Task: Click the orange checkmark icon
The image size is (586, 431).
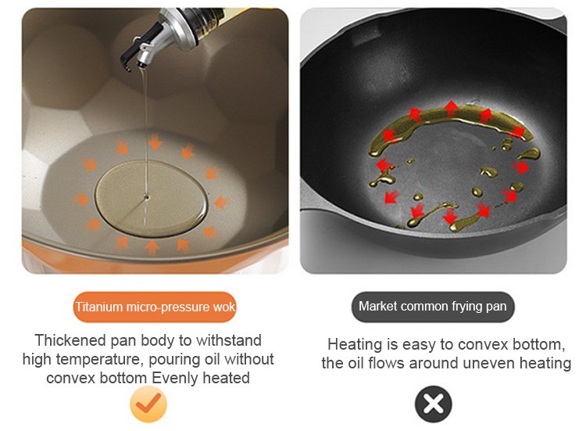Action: [x=148, y=404]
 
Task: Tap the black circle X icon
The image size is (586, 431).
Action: [x=433, y=404]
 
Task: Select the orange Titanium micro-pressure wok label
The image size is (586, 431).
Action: [x=155, y=307]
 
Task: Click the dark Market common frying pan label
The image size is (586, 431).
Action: [x=433, y=307]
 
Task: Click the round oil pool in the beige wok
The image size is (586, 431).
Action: [x=152, y=198]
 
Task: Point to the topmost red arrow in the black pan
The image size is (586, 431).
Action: [x=452, y=108]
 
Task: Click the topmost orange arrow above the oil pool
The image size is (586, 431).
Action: [x=155, y=142]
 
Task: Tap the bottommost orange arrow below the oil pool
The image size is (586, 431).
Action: [x=152, y=247]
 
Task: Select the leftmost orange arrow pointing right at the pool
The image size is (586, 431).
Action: [x=80, y=199]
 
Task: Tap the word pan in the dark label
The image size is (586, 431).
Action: [x=496, y=307]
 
